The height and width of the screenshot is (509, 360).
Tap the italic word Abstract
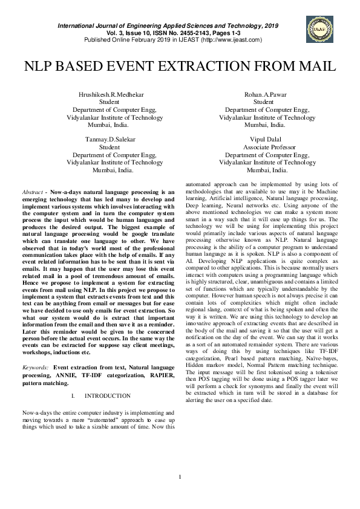coord(32,192)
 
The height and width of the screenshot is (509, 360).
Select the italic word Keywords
coord(35,367)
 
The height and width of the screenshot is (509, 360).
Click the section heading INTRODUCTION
coord(108,396)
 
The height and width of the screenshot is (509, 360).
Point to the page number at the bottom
coord(180,478)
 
